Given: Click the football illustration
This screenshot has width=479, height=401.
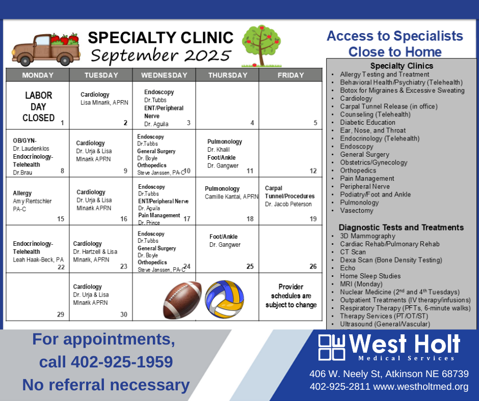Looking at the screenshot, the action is tap(182, 300).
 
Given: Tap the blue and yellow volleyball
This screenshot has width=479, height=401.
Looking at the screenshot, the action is tap(225, 299).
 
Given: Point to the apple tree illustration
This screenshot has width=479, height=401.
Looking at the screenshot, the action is tap(261, 46).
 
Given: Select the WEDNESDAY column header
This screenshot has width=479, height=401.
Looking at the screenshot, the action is tap(164, 75).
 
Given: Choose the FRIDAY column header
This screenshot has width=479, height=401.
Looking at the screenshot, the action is tap(291, 75).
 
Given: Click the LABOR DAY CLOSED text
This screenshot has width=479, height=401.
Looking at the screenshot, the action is tap(39, 106).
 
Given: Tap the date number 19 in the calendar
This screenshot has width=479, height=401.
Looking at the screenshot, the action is tap(313, 219).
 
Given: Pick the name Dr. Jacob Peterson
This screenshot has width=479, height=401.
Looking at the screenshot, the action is tap(288, 204).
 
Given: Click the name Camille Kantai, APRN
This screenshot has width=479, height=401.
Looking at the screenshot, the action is tap(231, 197).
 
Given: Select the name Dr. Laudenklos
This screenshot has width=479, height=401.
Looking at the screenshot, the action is tap(31, 149).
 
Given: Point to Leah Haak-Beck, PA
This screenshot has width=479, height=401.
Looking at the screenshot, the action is tap(38, 260).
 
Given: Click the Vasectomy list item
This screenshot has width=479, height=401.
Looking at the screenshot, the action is tap(357, 211).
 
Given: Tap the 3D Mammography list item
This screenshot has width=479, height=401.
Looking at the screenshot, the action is tap(367, 236).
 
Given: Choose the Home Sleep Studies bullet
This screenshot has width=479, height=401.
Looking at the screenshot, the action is tap(370, 276).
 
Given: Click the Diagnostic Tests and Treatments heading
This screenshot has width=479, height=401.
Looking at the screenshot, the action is tap(401, 227).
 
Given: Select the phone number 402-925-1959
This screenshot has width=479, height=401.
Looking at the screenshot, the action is tap(122, 362).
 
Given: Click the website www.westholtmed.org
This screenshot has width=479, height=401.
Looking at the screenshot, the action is tap(420, 387).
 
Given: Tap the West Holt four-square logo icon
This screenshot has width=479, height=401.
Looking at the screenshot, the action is tap(331, 347).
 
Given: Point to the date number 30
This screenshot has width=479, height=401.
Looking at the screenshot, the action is tap(124, 314).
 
